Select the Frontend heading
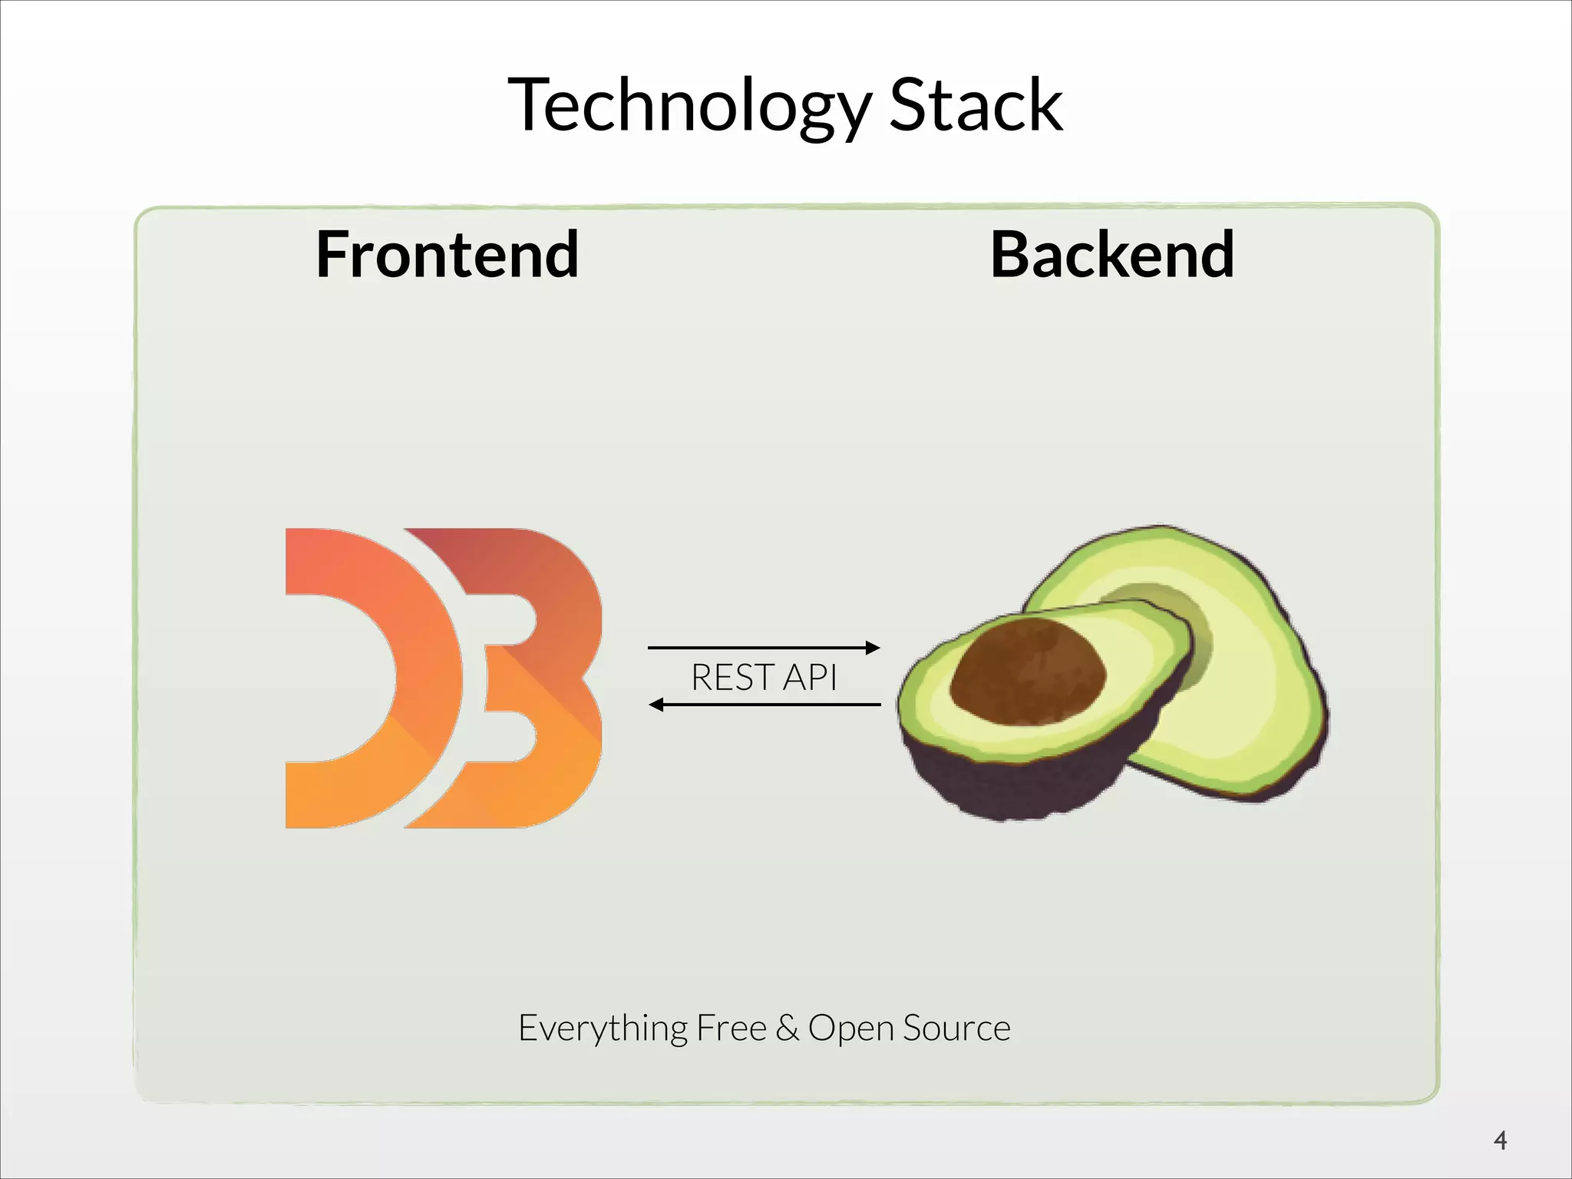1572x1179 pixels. point(447,255)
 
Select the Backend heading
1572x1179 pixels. point(1112,255)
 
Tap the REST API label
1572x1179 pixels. point(763,677)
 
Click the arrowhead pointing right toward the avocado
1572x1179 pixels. point(873,647)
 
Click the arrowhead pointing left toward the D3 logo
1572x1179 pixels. point(657,705)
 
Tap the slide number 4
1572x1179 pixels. point(1501,1141)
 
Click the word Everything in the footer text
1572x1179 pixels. point(603,1029)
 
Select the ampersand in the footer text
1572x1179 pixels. point(787,1029)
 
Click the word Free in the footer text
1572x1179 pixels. point(731,1029)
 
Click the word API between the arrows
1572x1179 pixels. point(809,677)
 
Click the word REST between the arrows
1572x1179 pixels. point(732,677)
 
